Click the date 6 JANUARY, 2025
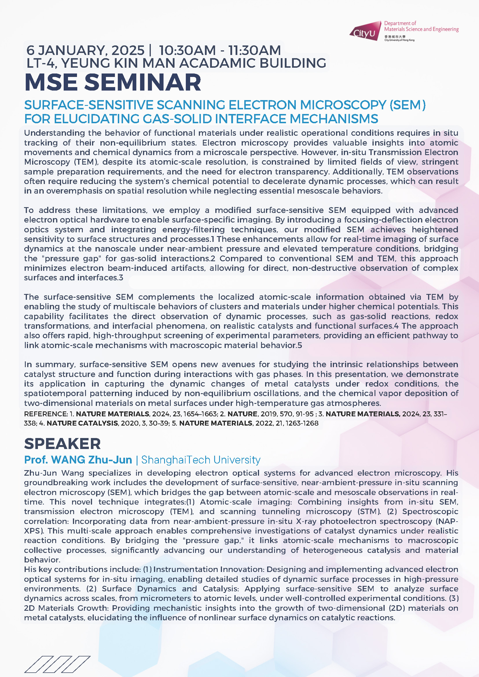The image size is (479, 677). coord(85,50)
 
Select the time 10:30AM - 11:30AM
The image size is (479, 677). coord(220,50)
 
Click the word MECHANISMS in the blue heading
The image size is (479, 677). coord(334,119)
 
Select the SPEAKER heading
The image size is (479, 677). coord(62,444)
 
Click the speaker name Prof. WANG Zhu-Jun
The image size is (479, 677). coord(78,460)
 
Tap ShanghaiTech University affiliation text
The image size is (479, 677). coord(201,460)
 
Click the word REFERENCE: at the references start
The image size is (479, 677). coord(46,414)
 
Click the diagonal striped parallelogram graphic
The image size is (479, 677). coord(57,664)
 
